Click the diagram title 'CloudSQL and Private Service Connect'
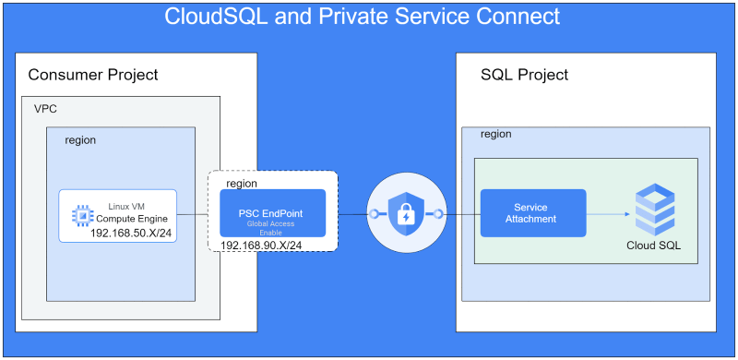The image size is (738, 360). click(362, 17)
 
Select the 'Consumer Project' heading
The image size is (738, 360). click(93, 74)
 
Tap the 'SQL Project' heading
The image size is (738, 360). click(525, 74)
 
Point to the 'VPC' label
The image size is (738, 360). click(46, 109)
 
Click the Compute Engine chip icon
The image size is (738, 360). click(83, 215)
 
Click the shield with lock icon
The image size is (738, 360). click(406, 214)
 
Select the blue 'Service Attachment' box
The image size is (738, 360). click(532, 213)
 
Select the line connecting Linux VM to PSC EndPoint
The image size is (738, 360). click(193, 214)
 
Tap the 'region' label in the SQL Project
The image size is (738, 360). click(495, 135)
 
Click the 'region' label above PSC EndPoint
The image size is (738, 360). click(242, 183)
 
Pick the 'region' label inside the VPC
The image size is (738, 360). click(80, 140)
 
